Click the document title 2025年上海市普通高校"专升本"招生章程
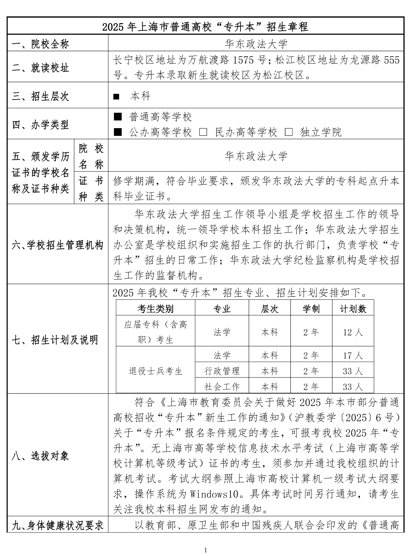point(205,27)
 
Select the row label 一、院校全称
point(40,44)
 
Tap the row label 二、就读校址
point(40,68)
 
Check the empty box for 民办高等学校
point(203,132)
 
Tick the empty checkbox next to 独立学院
point(289,132)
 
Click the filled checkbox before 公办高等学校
point(118,132)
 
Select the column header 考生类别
point(155,309)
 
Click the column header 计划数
point(353,309)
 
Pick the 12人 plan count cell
point(353,332)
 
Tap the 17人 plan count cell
point(353,355)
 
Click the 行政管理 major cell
point(222,371)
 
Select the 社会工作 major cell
point(222,386)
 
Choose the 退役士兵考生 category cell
point(155,371)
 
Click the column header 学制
point(311,309)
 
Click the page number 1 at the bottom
point(205,550)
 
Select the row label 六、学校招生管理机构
point(57,245)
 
